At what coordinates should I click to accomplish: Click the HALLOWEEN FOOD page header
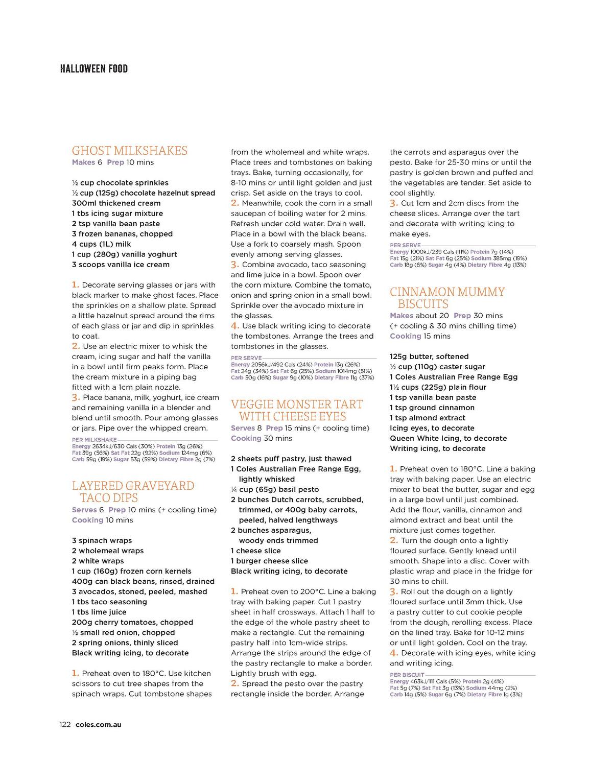(93, 69)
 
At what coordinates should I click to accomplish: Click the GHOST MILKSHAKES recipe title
(130, 151)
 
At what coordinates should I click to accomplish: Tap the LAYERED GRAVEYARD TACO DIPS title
(133, 491)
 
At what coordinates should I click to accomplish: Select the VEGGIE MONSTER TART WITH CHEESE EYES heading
(297, 410)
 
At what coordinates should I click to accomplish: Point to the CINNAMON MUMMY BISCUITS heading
(447, 298)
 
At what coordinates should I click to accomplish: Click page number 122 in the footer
(65, 724)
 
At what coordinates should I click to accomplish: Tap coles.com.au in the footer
(98, 724)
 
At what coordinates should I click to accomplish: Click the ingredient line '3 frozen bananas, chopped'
(122, 234)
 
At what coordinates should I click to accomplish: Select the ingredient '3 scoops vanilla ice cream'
(121, 265)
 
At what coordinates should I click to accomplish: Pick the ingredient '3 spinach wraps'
(102, 540)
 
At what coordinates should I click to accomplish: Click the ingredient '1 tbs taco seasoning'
(109, 602)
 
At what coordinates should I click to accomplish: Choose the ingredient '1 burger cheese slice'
(269, 561)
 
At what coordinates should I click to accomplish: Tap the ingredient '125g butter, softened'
(429, 357)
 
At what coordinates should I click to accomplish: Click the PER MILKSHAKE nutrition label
(95, 440)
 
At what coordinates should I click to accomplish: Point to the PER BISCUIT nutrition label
(407, 675)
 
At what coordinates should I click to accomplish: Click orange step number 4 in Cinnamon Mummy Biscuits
(394, 653)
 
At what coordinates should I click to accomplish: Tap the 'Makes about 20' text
(419, 316)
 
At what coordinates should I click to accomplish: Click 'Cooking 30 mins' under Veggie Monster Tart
(262, 438)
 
